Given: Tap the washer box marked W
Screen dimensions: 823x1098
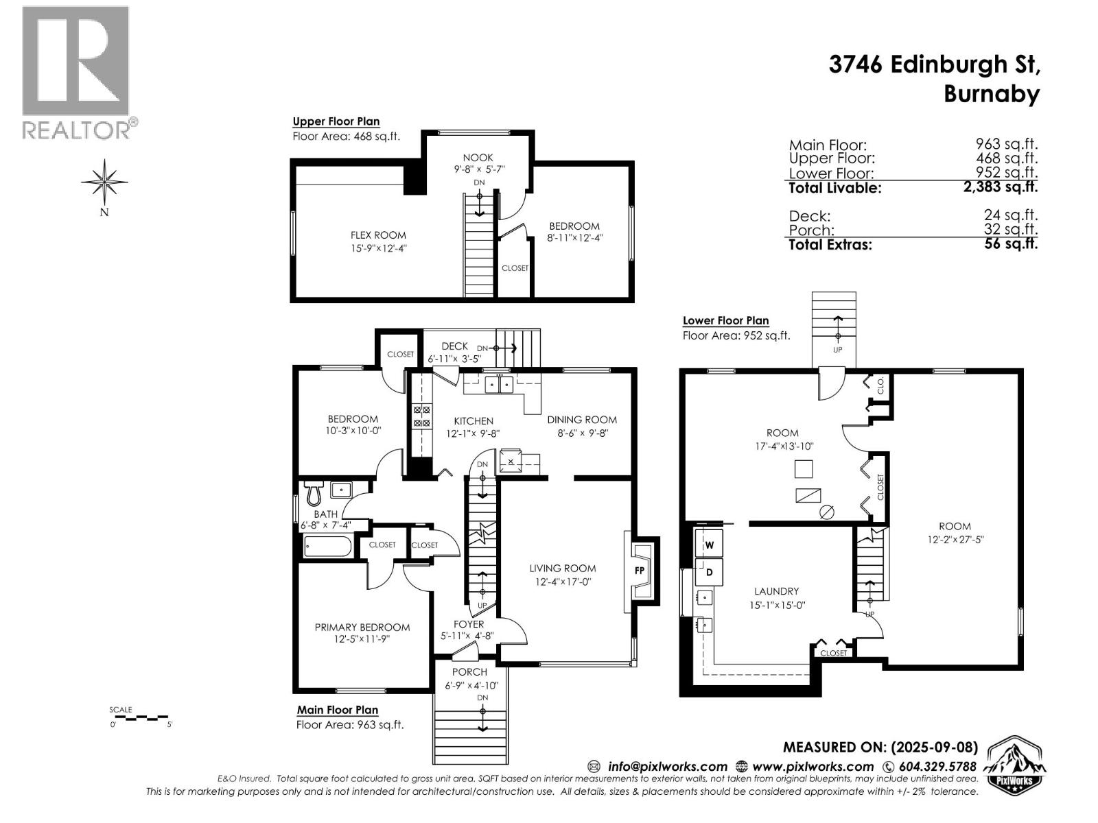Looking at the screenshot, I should click(710, 545).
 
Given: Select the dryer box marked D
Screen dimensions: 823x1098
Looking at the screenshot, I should click(710, 572).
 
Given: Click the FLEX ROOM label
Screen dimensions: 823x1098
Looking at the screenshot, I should click(378, 235).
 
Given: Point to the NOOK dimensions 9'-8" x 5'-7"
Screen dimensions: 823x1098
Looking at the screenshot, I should click(478, 169).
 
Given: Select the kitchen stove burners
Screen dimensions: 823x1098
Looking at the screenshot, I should click(421, 417).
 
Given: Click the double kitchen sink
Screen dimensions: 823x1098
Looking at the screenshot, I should click(499, 385).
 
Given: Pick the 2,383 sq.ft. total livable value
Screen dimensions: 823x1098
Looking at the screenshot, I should click(1001, 187).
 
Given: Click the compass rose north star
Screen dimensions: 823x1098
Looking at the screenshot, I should click(104, 182).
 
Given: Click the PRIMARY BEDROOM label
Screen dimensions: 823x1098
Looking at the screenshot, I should click(362, 627).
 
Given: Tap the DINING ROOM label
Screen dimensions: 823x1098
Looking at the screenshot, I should click(581, 420).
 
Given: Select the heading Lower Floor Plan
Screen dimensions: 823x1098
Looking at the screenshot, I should click(725, 320).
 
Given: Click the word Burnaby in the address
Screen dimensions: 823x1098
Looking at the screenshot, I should click(992, 94).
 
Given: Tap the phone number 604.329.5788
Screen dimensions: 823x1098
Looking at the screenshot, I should click(936, 766).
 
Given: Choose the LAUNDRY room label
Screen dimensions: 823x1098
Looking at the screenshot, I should click(776, 591).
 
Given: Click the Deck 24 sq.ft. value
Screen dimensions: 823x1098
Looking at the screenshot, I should click(1010, 215).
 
